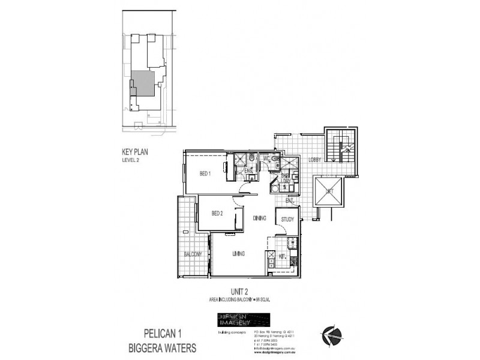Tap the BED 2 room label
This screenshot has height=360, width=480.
coord(217,213)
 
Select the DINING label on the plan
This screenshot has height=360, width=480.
coord(259,218)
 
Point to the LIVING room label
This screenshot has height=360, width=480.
coord(238,254)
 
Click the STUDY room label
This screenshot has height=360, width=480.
coord(287,220)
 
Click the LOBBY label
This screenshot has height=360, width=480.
coord(315,160)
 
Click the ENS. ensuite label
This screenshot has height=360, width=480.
coord(248,170)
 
